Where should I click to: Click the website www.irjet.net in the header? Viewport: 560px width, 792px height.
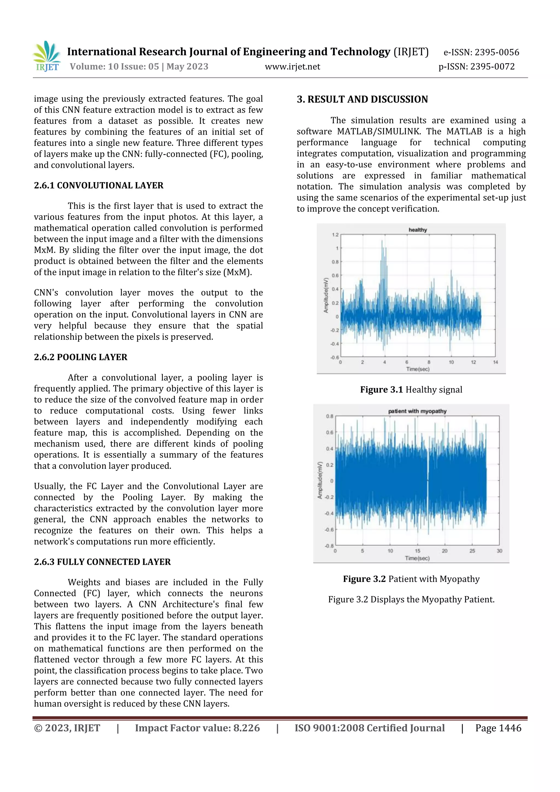tap(292, 66)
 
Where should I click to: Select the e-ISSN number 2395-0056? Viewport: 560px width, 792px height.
tap(497, 53)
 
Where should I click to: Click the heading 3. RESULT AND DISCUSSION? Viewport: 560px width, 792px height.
tap(362, 99)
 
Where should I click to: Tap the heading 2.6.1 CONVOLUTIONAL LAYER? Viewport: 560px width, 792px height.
tap(99, 186)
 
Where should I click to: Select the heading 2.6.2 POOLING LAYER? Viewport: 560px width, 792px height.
tap(80, 357)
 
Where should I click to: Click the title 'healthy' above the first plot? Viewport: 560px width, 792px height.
tap(418, 230)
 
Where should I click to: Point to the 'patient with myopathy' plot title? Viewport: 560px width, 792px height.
tap(417, 411)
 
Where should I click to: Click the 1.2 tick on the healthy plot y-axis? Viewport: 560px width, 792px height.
tap(335, 235)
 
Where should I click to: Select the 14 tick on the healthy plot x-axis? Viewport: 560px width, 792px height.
tap(495, 362)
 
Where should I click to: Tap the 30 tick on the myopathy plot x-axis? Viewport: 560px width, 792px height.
tap(499, 551)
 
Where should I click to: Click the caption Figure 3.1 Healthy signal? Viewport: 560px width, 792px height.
tap(411, 390)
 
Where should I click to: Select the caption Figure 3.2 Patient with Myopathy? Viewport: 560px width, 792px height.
tap(411, 579)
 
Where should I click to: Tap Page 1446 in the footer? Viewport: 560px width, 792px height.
tap(498, 728)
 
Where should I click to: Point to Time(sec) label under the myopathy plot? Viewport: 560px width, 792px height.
tap(417, 558)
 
